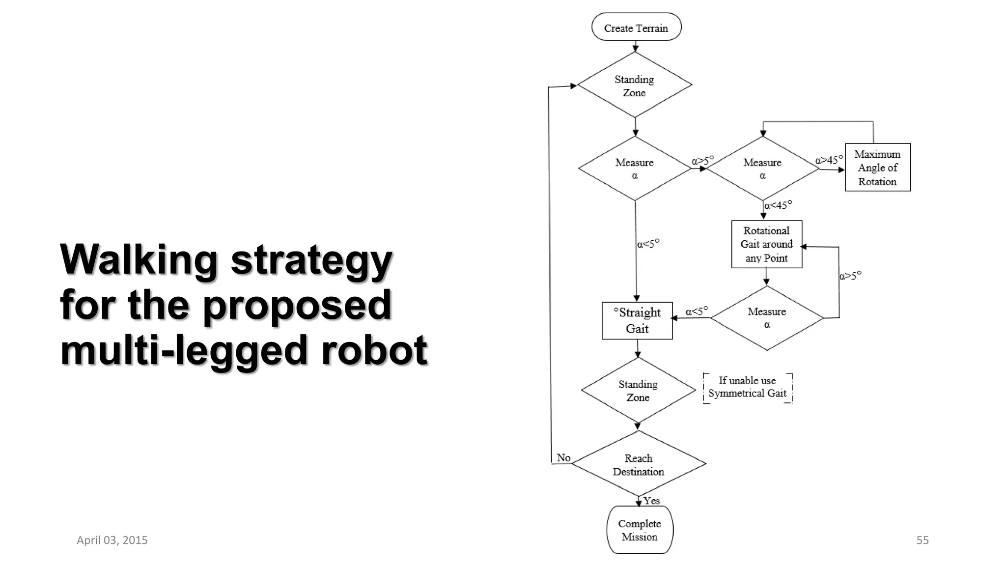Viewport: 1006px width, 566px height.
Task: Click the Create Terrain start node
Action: [x=636, y=28]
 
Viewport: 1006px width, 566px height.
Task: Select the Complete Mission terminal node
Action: [x=640, y=530]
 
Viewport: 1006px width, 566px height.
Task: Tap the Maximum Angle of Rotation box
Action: [x=877, y=168]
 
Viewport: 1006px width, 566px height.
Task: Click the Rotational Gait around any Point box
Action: [x=766, y=244]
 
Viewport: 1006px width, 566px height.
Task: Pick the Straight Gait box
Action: [x=637, y=320]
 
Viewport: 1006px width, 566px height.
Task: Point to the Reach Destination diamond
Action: [x=639, y=464]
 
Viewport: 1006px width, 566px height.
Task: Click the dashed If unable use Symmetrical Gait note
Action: [x=747, y=387]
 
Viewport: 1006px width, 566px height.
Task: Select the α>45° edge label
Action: [x=829, y=160]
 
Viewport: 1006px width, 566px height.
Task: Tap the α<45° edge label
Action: [x=778, y=205]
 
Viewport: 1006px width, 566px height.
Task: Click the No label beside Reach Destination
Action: [x=563, y=457]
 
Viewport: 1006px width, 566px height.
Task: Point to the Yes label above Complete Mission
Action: [x=652, y=501]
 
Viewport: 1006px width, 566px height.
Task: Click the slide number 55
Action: [x=922, y=540]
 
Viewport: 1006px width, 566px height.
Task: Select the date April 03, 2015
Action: [x=112, y=540]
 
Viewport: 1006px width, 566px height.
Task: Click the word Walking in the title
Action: [x=139, y=259]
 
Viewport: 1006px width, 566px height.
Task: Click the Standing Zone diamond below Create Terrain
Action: [x=635, y=85]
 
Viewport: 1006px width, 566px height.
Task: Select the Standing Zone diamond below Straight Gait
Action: [x=638, y=391]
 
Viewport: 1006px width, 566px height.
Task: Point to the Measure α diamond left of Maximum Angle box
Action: [x=762, y=169]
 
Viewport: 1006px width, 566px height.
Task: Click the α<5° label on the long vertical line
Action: [x=648, y=244]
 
